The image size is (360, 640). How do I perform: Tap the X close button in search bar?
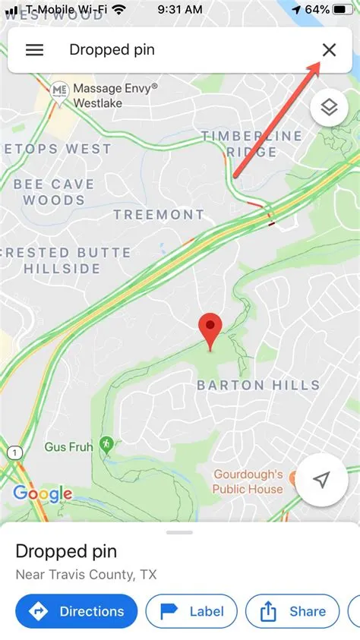point(329,50)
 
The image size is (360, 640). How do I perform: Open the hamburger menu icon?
point(34,50)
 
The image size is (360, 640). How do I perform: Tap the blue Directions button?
point(76,611)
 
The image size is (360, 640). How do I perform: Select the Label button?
point(191,611)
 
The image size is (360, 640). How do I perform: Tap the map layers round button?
point(328,107)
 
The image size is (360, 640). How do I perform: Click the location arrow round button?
point(322,480)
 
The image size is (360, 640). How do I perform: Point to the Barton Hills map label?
point(258,385)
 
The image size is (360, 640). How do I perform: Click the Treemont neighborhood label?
point(159,215)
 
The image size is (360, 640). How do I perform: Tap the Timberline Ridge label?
point(251,143)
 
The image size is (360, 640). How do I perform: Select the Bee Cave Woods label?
point(53,192)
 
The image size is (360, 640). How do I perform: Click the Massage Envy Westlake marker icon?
point(59,90)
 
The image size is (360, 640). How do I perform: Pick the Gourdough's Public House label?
point(248,481)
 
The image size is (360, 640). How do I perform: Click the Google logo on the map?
point(43,494)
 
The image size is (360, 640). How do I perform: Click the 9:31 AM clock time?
point(179,10)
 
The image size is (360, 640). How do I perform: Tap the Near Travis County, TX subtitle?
point(86,575)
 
